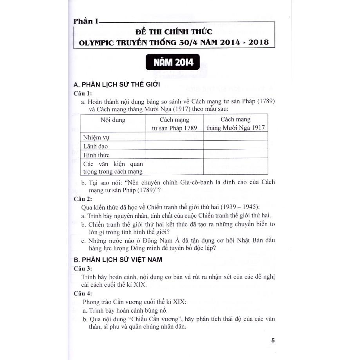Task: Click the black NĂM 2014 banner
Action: click(x=171, y=63)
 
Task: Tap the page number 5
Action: click(x=273, y=340)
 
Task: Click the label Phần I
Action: click(x=86, y=22)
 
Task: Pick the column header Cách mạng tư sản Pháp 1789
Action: click(x=174, y=124)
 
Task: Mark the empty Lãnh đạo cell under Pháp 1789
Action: click(x=174, y=146)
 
